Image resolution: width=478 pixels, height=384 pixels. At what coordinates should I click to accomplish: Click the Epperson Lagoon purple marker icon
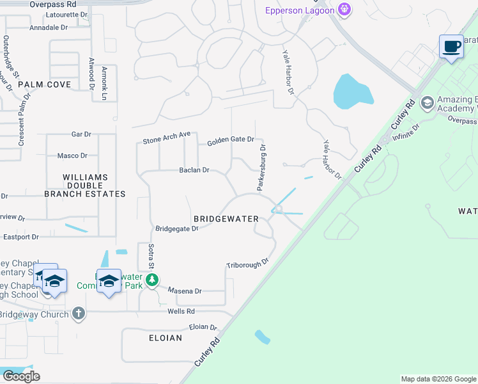[x=344, y=9]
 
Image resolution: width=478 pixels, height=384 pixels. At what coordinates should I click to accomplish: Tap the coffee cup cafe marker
[x=452, y=47]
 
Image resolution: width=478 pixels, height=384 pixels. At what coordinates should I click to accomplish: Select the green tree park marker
[x=151, y=280]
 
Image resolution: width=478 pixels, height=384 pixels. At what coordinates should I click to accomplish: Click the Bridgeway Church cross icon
[x=78, y=314]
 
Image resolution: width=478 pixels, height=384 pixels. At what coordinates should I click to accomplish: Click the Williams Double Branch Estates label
[x=85, y=185]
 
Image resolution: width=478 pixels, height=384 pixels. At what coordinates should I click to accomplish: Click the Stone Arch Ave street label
[x=167, y=136]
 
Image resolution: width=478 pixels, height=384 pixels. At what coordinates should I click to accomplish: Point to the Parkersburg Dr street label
[x=261, y=168]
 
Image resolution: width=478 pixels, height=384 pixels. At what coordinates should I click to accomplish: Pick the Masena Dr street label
[x=185, y=291]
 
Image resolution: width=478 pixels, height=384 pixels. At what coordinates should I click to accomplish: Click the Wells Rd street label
[x=181, y=311]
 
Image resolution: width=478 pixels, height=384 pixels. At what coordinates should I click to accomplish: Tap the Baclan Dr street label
[x=194, y=170]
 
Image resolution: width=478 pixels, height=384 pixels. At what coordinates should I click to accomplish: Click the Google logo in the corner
[x=21, y=376]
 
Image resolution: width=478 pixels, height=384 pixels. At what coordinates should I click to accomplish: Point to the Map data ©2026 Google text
[x=438, y=379]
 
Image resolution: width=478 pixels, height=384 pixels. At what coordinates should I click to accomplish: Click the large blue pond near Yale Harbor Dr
[x=352, y=91]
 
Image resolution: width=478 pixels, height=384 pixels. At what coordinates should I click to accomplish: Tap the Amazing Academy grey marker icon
[x=427, y=102]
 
